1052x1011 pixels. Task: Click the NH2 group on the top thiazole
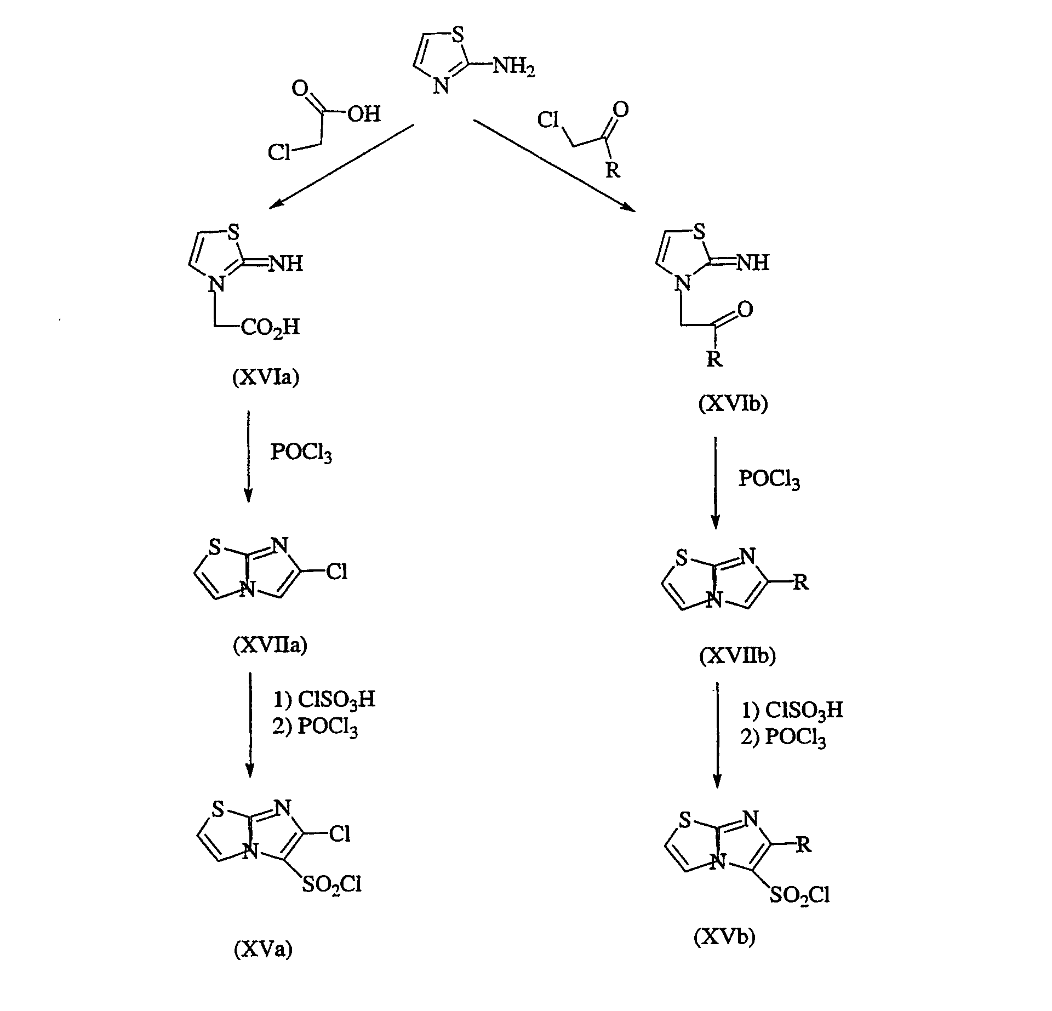514,68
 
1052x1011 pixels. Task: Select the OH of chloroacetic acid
364,114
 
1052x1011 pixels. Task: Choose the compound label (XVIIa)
270,646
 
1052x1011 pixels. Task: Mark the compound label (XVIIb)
737,656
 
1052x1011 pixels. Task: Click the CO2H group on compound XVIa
271,328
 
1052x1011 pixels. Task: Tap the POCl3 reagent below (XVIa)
301,453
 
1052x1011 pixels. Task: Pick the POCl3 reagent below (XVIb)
769,479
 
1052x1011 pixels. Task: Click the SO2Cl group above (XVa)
331,886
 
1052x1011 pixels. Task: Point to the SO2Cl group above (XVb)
799,896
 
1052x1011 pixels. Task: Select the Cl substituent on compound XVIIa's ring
337,572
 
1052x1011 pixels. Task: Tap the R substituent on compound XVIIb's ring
801,582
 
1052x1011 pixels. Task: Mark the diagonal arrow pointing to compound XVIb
555,165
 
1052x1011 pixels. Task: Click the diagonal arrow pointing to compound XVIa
341,167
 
